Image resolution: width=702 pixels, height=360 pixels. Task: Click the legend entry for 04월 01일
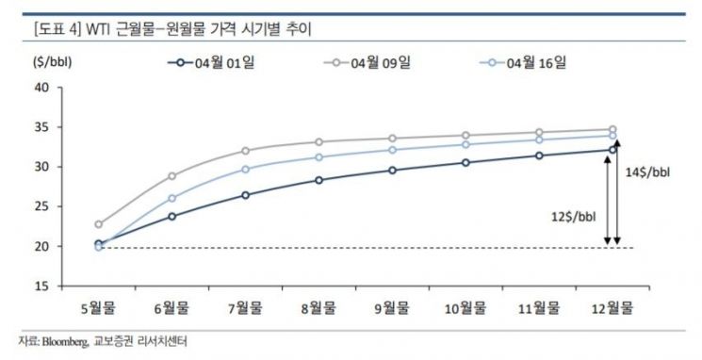(211, 63)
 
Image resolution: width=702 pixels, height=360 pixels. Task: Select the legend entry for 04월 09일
(367, 63)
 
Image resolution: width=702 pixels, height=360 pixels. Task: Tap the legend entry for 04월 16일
(523, 63)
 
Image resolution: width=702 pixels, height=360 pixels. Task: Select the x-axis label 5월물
(99, 308)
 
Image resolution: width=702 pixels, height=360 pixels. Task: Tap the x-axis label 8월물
(318, 308)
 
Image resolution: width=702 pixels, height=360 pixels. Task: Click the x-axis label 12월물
(612, 308)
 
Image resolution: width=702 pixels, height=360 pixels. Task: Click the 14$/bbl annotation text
(648, 172)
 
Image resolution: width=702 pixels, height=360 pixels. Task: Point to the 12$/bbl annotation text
(574, 217)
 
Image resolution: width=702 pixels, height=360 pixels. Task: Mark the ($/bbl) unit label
(53, 62)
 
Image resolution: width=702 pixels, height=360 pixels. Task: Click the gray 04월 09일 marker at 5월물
(99, 224)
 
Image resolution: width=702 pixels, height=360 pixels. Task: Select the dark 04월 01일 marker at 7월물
(245, 195)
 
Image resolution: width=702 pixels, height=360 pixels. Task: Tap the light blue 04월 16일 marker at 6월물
(171, 198)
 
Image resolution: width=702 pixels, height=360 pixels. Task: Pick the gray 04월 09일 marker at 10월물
(465, 135)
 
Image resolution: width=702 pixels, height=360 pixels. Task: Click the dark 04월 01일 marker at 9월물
(392, 171)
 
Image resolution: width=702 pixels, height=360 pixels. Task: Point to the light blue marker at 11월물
(539, 140)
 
